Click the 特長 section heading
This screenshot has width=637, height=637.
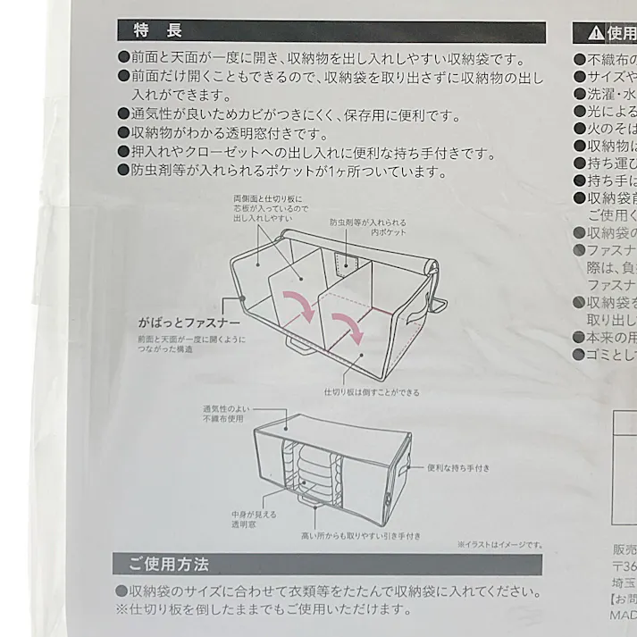[156, 31]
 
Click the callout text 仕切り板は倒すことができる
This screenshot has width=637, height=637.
[372, 392]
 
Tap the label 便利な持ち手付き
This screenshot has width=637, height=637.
[457, 467]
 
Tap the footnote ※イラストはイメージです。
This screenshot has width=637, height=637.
[499, 544]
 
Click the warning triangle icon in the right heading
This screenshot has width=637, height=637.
[595, 34]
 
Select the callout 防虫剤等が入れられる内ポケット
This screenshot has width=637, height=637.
[368, 226]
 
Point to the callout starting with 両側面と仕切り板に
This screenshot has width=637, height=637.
[268, 207]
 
